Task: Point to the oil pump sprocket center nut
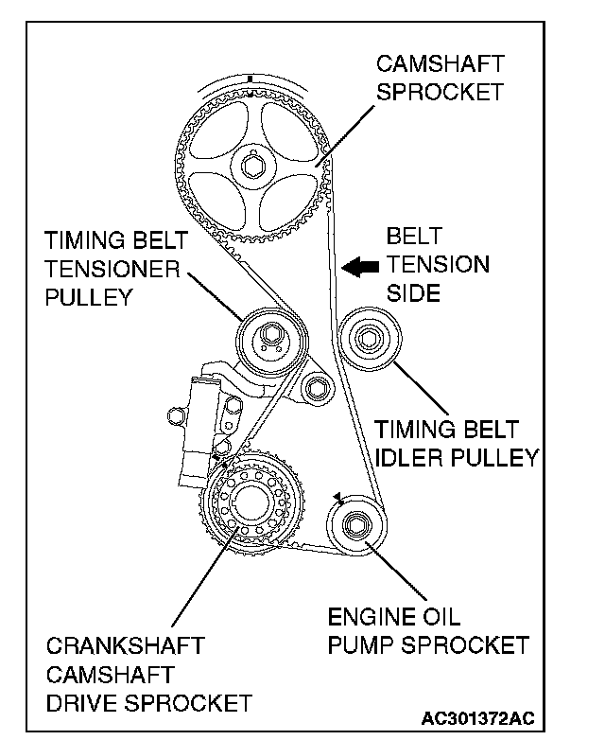(357, 522)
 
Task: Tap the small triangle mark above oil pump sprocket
(335, 496)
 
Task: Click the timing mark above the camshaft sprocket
(248, 78)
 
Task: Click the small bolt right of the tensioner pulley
(317, 383)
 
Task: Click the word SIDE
(414, 293)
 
